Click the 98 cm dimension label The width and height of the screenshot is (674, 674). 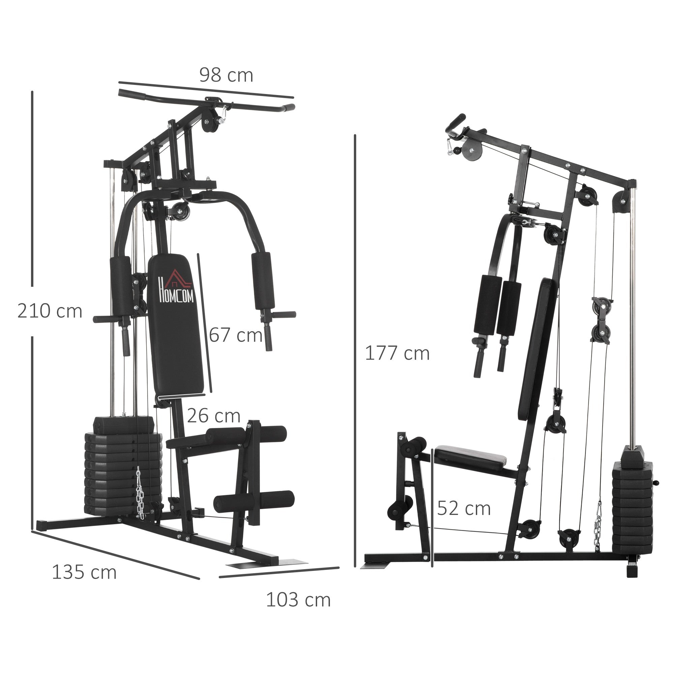coord(226,76)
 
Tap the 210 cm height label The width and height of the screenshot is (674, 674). coord(50,311)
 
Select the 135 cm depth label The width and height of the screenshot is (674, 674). coord(84,572)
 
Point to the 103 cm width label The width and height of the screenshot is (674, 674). coord(298,600)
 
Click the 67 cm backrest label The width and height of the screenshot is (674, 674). coord(236,335)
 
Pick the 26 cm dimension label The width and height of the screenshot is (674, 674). coord(214,416)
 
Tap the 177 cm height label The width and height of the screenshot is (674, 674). coord(397,354)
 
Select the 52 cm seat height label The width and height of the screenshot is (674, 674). coord(464,508)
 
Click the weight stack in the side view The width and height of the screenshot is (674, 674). coord(632,506)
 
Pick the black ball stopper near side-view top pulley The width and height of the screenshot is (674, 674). coord(457,151)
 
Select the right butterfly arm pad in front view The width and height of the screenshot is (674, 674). coord(264,281)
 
